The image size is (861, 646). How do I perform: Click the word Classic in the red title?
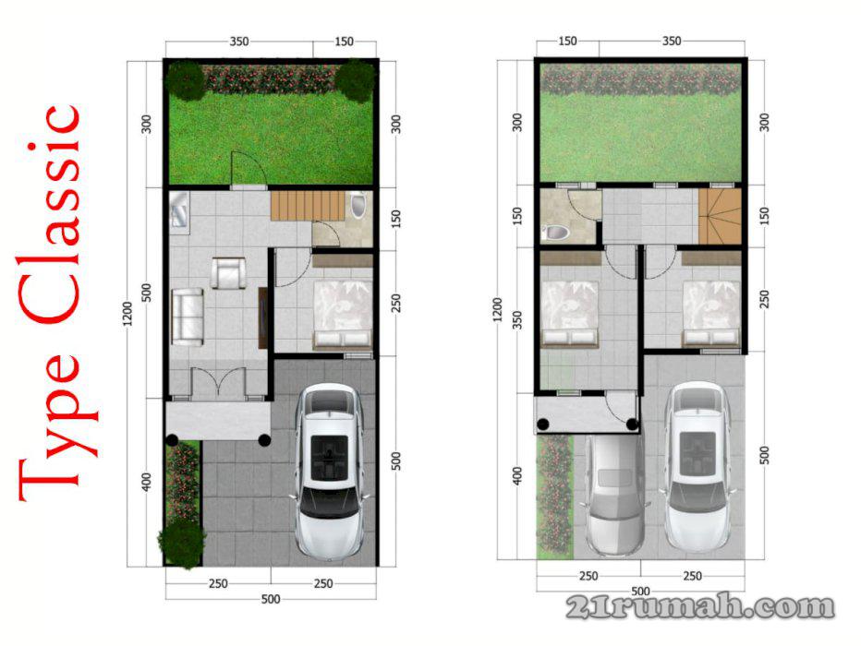(x=51, y=213)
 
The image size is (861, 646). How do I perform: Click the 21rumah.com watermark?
(x=699, y=606)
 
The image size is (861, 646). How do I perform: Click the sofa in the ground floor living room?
(x=188, y=317)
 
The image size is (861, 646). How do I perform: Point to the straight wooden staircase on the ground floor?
(x=307, y=206)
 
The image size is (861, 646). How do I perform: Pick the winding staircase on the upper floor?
(x=720, y=217)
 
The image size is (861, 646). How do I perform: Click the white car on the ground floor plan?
(x=328, y=471)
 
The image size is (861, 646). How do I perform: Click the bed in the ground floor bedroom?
(x=342, y=315)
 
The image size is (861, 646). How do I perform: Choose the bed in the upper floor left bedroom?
(x=569, y=314)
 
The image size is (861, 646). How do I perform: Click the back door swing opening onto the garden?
(x=248, y=168)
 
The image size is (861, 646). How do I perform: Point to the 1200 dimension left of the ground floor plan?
(x=127, y=314)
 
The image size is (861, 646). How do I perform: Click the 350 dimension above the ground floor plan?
(x=239, y=42)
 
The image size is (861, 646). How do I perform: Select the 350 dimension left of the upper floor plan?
(x=516, y=319)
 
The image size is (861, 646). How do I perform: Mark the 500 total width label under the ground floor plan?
(x=271, y=599)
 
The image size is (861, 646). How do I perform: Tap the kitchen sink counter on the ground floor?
(x=179, y=213)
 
